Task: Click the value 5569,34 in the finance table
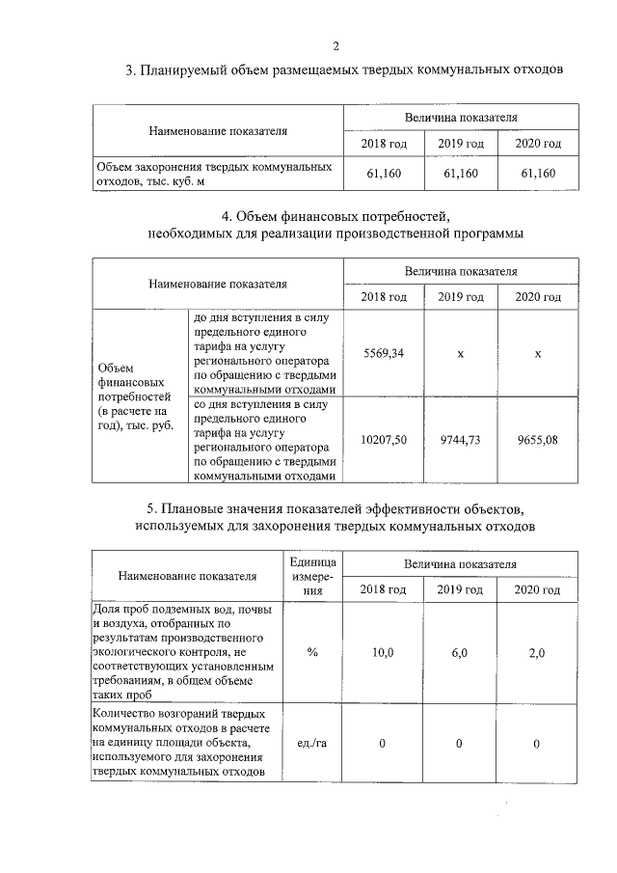[x=383, y=354]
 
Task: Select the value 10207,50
[x=383, y=439]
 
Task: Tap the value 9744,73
[x=460, y=439]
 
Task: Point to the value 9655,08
[x=537, y=439]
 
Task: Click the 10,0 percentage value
[x=383, y=653]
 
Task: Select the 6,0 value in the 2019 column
[x=460, y=653]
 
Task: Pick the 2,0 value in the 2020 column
[x=537, y=653]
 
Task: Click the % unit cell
[x=312, y=653]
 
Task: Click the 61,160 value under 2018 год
[x=383, y=174]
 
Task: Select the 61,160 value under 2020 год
[x=537, y=174]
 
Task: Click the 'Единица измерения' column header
[x=312, y=576]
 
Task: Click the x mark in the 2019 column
[x=460, y=354]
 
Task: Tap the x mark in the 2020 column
[x=537, y=354]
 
